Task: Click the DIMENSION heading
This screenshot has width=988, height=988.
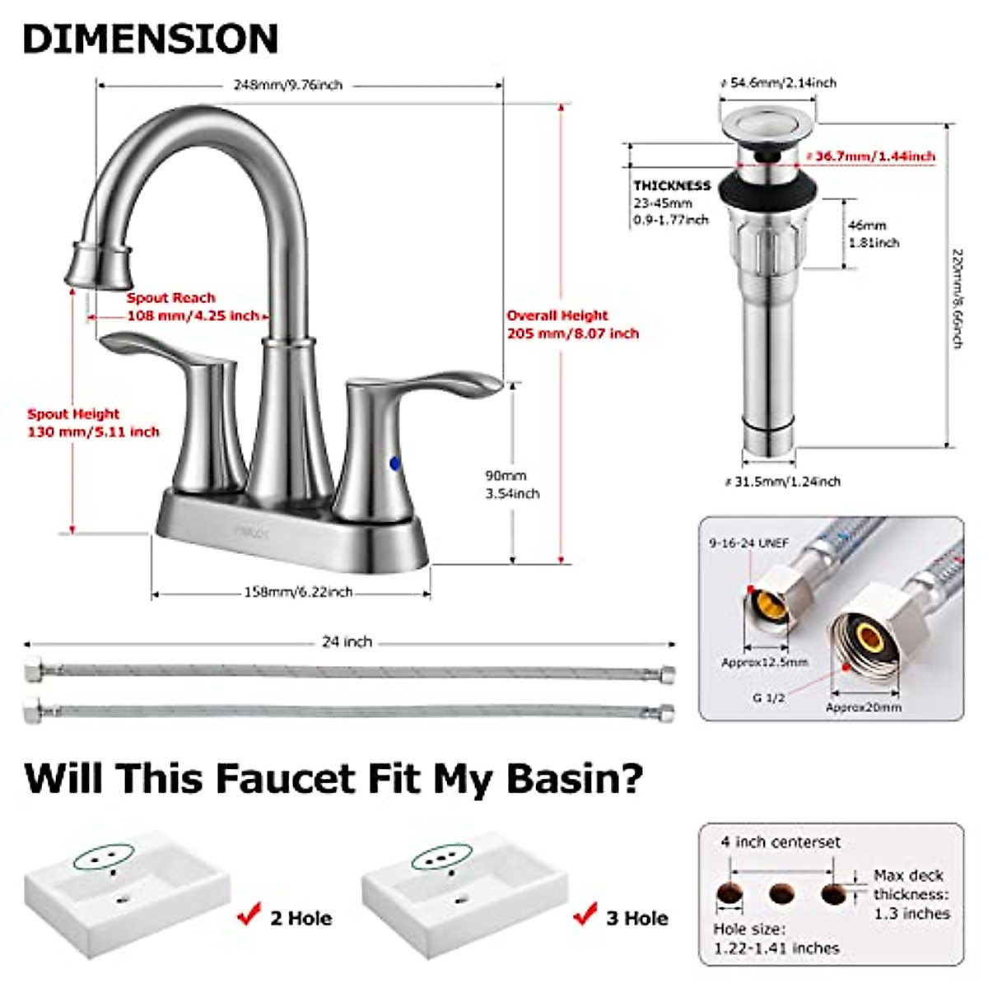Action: point(151,39)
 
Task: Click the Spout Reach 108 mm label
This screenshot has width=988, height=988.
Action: point(192,307)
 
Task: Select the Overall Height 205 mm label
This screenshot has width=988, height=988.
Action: point(572,324)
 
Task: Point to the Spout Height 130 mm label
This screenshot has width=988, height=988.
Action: point(93,423)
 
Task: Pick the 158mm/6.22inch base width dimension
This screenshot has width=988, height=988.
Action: point(298,592)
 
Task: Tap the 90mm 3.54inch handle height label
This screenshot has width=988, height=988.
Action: point(511,484)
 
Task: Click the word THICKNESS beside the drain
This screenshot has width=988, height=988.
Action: point(671,186)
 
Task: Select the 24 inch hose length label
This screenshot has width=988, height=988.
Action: point(347,641)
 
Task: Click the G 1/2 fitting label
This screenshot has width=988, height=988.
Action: point(769,697)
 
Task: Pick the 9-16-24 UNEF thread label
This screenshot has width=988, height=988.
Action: point(748,543)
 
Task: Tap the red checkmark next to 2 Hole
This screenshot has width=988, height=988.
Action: point(248,914)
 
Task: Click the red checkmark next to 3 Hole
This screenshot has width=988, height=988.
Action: point(585,914)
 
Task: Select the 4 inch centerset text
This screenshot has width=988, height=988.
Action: point(781,842)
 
